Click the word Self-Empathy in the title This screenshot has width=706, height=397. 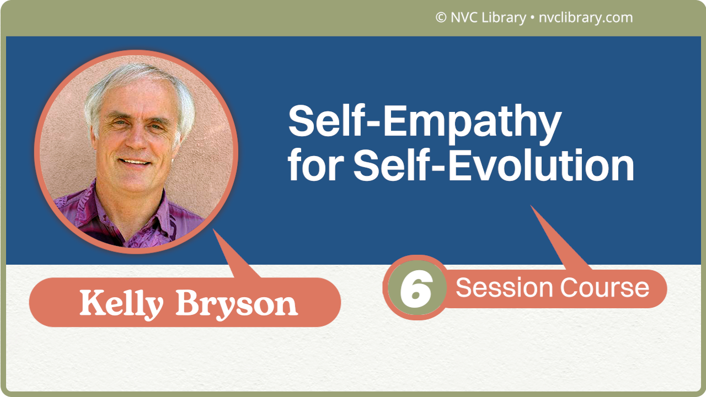tap(424, 122)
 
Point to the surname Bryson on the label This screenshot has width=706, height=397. tap(237, 304)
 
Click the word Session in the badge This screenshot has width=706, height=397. tap(504, 288)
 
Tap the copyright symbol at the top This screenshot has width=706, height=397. tap(441, 18)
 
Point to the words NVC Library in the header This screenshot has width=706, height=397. tap(488, 18)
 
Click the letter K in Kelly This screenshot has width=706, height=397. tap(92, 303)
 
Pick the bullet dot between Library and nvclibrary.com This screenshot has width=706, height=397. tap(531, 18)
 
